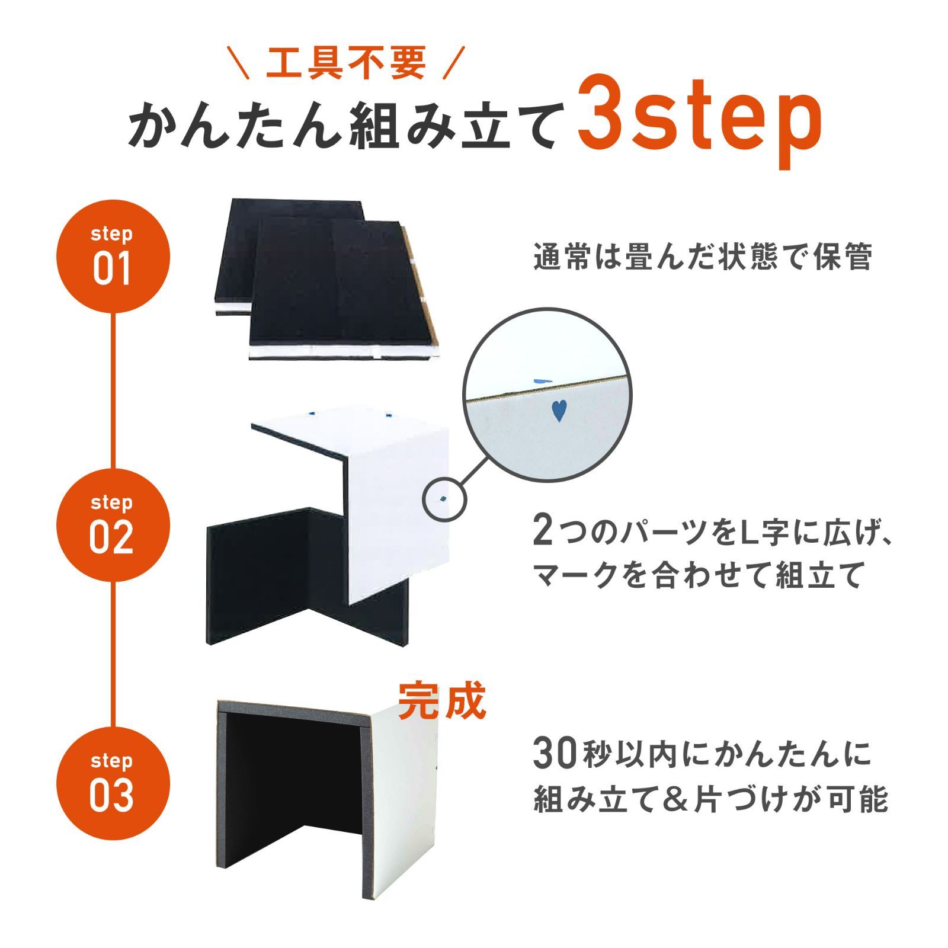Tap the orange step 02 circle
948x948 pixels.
[x=113, y=525]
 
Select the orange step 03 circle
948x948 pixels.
[x=113, y=783]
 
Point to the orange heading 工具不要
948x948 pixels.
[x=346, y=63]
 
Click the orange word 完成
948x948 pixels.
[x=442, y=702]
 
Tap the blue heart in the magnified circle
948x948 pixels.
[x=558, y=410]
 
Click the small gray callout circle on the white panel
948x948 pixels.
[x=444, y=499]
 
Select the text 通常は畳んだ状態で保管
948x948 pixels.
[x=703, y=257]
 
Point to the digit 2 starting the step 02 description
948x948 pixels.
[x=542, y=530]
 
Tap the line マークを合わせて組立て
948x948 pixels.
[x=697, y=575]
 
